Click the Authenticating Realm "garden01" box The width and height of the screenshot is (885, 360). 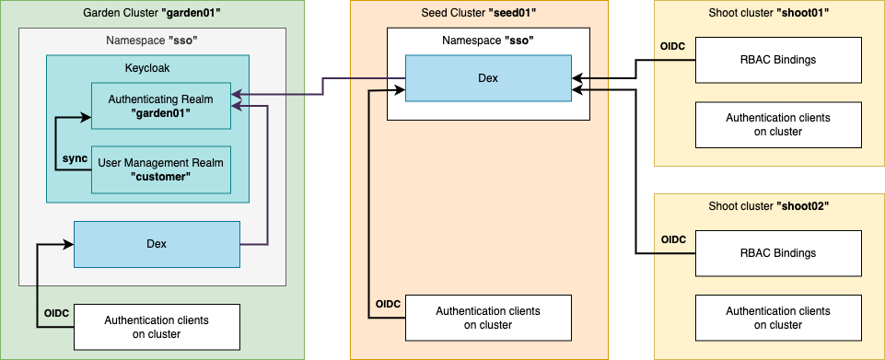coord(160,106)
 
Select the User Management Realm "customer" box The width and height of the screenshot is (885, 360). coord(160,170)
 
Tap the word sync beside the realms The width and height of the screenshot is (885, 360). coord(75,158)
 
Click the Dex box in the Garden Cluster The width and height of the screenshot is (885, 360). coord(157,244)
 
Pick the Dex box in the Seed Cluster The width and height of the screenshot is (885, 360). coord(488,78)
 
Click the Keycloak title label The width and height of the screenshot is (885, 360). coord(147,68)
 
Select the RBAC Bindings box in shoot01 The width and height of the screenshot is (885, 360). coord(778,60)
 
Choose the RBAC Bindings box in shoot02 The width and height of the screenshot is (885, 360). coord(778,253)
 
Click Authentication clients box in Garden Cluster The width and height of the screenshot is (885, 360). coord(157,327)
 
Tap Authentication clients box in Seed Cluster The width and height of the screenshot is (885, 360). coord(488,318)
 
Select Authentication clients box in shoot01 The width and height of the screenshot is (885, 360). coord(778,124)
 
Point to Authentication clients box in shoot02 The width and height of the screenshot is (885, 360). coord(778,318)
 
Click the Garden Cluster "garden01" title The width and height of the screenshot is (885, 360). coord(152,12)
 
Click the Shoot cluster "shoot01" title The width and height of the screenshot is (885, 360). coord(769,12)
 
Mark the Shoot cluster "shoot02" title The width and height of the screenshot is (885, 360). coord(769,205)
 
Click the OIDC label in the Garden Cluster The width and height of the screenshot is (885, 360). coord(56,314)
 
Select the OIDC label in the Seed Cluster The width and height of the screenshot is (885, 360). coord(388,305)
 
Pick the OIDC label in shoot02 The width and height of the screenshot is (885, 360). coord(673,240)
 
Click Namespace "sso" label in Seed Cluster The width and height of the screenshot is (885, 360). coord(488,41)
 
